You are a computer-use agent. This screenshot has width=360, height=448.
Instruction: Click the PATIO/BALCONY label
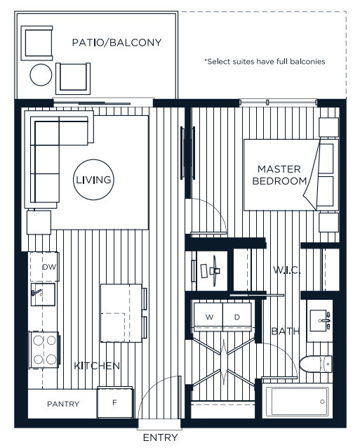click(x=116, y=43)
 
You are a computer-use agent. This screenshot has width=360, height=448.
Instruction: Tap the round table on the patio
click(x=41, y=74)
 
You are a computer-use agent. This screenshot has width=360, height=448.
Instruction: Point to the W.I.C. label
click(x=286, y=270)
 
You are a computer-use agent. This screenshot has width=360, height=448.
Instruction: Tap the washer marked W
click(x=208, y=317)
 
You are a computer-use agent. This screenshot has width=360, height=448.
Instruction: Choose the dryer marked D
click(x=237, y=317)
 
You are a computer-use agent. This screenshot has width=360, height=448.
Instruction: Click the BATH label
click(x=285, y=330)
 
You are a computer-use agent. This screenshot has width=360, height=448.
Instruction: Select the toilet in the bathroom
click(x=316, y=364)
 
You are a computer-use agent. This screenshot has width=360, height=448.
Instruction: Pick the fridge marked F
click(x=115, y=403)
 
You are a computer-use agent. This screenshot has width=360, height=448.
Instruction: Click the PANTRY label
click(x=63, y=404)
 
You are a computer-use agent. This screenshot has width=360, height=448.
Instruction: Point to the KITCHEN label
click(x=97, y=366)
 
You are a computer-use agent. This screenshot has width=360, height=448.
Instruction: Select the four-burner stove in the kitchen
click(x=44, y=349)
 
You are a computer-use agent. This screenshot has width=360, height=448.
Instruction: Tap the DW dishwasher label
click(x=49, y=268)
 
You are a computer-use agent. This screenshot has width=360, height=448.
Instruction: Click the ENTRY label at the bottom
click(x=160, y=437)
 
